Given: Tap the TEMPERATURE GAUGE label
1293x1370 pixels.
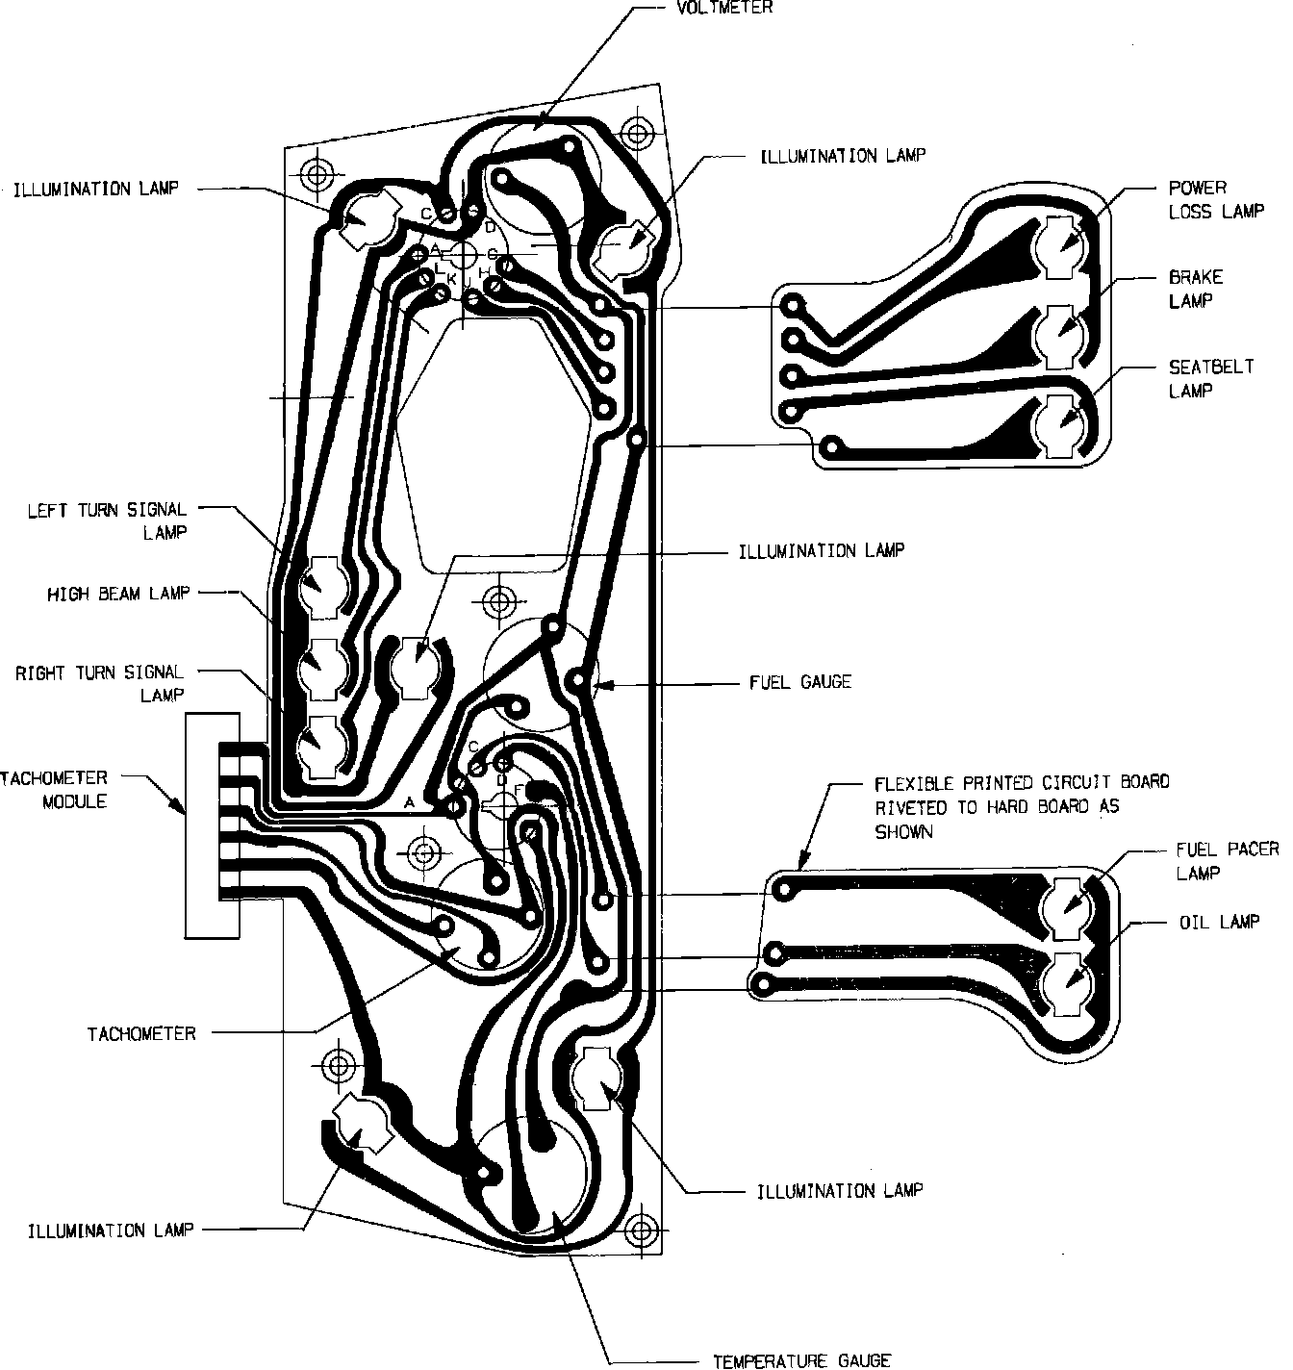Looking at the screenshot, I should click(800, 1360).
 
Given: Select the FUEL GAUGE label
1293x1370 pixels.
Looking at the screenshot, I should click(800, 682).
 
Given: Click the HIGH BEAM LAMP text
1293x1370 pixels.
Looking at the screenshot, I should click(118, 595).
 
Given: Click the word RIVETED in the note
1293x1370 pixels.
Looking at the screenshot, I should click(908, 807).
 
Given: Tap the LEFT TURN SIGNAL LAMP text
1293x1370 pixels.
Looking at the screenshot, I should click(107, 520).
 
